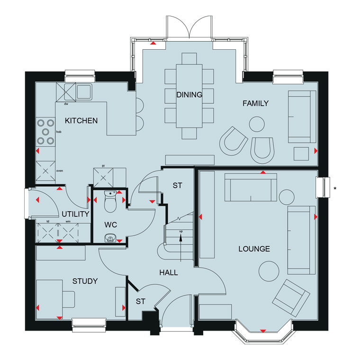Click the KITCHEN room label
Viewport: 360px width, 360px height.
click(x=81, y=120)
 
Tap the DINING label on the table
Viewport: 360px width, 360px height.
click(x=189, y=95)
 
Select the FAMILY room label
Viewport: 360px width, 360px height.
click(x=255, y=103)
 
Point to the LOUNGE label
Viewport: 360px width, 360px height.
click(x=254, y=249)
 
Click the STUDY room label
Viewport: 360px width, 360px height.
click(x=85, y=281)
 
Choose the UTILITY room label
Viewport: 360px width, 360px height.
click(x=75, y=214)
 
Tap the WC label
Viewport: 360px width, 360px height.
click(x=111, y=225)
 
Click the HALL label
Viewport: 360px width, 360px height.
click(x=169, y=272)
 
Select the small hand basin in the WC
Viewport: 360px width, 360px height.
click(x=110, y=238)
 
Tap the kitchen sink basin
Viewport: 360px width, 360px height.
click(x=84, y=91)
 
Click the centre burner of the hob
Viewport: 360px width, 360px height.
click(x=45, y=132)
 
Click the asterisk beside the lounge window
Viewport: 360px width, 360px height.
click(x=335, y=189)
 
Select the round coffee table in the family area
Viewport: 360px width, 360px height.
click(x=257, y=124)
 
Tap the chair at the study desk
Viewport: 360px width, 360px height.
click(x=69, y=299)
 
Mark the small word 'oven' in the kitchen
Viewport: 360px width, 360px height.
click(x=60, y=171)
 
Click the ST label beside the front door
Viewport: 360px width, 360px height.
click(x=141, y=301)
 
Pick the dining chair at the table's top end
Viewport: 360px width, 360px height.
click(x=189, y=59)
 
